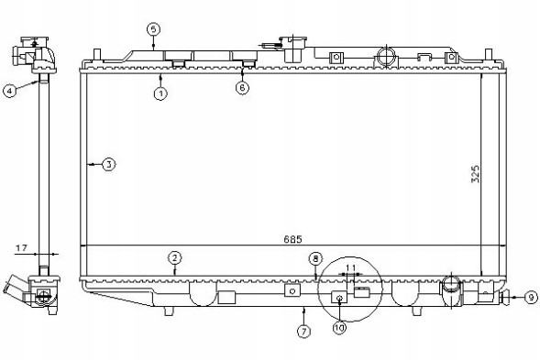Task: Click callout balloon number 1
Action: pyautogui.click(x=160, y=93)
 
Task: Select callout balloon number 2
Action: pyautogui.click(x=175, y=257)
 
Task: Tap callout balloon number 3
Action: pyautogui.click(x=109, y=165)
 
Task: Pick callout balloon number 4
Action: pyautogui.click(x=10, y=91)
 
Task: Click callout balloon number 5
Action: pyautogui.click(x=154, y=29)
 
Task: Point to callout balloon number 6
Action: pyautogui.click(x=242, y=88)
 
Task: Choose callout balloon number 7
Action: pyautogui.click(x=303, y=332)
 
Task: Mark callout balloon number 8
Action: pyautogui.click(x=315, y=259)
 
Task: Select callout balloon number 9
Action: pyautogui.click(x=531, y=297)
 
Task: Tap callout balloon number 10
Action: pyautogui.click(x=339, y=328)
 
